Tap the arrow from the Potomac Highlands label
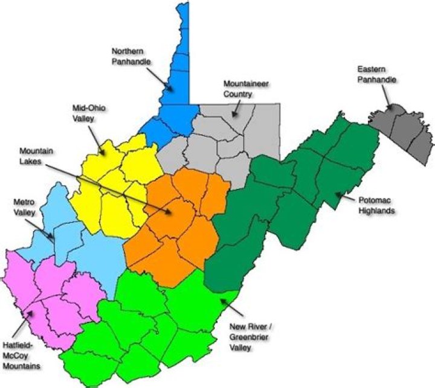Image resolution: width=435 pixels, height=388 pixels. tap(343, 197)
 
